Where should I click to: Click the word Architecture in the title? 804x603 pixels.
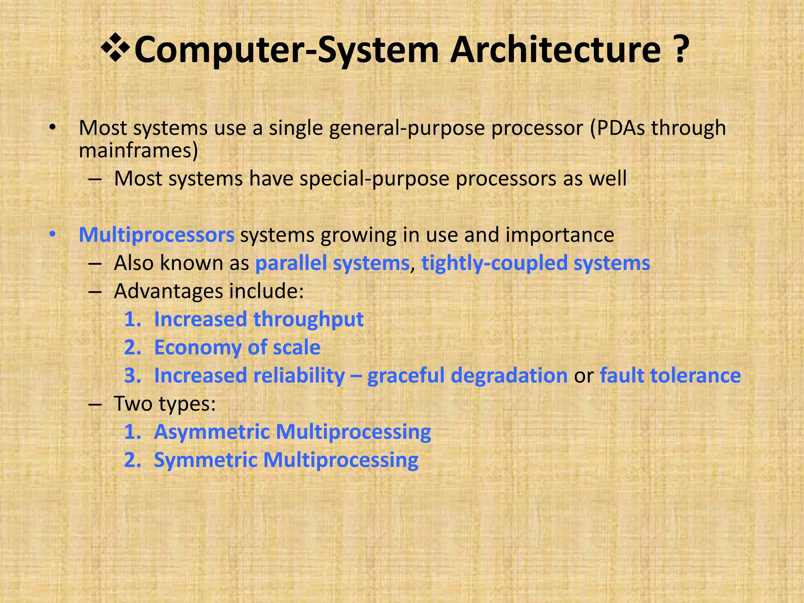tap(555, 49)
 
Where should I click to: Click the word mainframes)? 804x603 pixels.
tap(138, 151)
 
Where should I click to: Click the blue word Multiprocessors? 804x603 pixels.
tap(156, 235)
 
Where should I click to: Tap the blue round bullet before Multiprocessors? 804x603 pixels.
tap(53, 235)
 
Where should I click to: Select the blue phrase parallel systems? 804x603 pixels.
tap(332, 263)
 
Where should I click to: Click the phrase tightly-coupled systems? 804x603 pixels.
tap(535, 263)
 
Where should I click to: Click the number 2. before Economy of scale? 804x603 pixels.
tap(132, 348)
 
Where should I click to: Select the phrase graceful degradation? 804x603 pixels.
tap(467, 376)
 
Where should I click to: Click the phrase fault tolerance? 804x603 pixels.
tap(670, 376)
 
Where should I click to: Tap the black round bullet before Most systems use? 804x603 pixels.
tap(53, 128)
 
